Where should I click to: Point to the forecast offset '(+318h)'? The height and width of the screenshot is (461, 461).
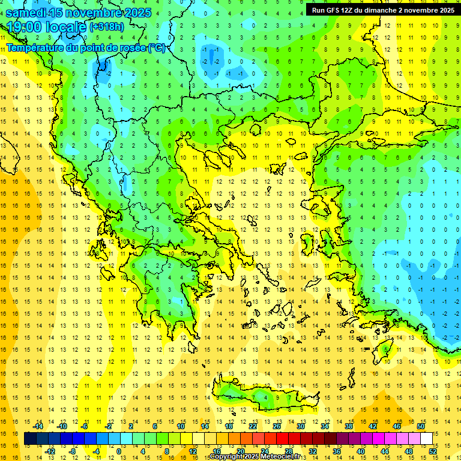point(108,27)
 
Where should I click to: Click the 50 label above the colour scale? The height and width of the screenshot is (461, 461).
point(421,426)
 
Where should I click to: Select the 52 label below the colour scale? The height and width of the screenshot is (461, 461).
point(432,451)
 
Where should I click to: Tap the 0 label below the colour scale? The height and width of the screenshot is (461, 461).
point(119,451)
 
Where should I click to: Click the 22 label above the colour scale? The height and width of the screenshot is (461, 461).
point(253,426)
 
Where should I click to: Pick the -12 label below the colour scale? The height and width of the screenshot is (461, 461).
point(50,451)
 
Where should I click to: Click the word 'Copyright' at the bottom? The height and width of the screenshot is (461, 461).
point(226,457)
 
